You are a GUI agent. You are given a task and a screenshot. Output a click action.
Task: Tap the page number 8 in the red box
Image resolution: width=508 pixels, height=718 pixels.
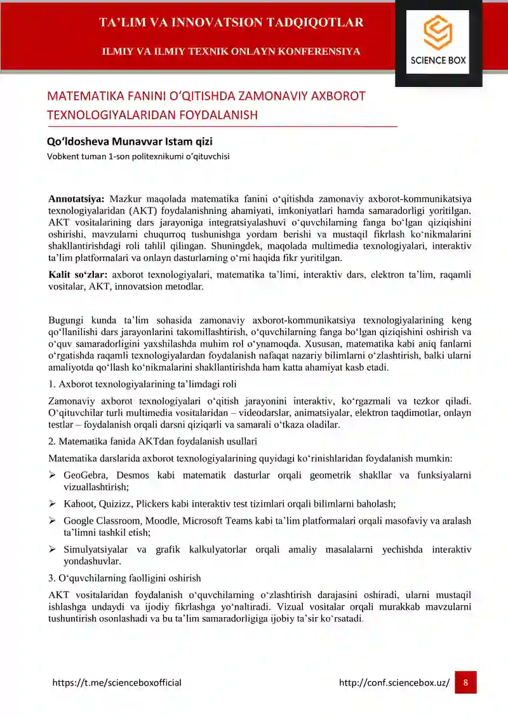(465, 682)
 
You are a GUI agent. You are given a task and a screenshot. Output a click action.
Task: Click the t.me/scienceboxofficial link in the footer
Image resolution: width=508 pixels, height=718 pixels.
(117, 683)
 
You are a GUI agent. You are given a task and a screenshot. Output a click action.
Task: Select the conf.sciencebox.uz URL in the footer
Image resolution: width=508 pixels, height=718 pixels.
(394, 683)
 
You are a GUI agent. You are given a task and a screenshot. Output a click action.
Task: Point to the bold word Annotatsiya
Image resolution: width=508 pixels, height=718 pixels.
(76, 199)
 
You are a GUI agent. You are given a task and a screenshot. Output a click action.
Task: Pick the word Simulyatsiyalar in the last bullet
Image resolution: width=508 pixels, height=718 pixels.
(93, 550)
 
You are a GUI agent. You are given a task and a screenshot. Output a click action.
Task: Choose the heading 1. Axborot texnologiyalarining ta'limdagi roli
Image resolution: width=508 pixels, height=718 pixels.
(143, 383)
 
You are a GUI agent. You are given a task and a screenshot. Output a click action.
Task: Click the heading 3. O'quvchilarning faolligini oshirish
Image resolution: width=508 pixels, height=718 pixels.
(124, 578)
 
